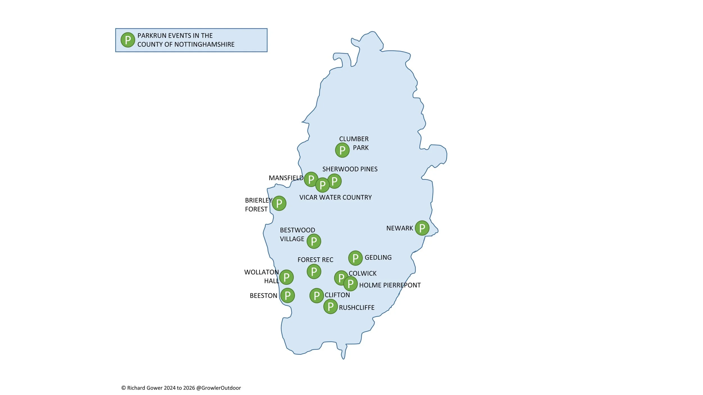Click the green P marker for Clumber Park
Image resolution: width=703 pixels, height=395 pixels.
pyautogui.click(x=342, y=150)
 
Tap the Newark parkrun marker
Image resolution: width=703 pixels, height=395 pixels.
pyautogui.click(x=422, y=228)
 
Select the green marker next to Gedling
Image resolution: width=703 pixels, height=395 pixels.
pyautogui.click(x=355, y=258)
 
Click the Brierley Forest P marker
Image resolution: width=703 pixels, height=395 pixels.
pyautogui.click(x=279, y=203)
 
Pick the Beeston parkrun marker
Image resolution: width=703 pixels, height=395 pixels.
pyautogui.click(x=287, y=295)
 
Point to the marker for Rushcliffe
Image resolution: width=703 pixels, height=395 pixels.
pyautogui.click(x=330, y=307)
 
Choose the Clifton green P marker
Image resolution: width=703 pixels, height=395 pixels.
pyautogui.click(x=317, y=296)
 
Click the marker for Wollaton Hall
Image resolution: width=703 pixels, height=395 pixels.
pyautogui.click(x=287, y=277)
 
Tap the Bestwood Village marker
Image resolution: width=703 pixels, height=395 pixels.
pyautogui.click(x=314, y=241)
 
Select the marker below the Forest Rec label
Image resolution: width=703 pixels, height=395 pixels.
pyautogui.click(x=314, y=271)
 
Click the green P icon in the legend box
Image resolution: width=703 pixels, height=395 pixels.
pyautogui.click(x=128, y=40)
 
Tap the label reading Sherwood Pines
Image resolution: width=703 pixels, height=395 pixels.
pyautogui.click(x=350, y=169)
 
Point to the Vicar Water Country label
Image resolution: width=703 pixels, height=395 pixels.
pyautogui.click(x=335, y=197)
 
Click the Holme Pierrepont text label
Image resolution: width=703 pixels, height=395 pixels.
pyautogui.click(x=390, y=285)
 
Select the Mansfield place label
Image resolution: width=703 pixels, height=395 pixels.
pyautogui.click(x=286, y=178)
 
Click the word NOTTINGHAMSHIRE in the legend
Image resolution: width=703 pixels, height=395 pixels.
pyautogui.click(x=204, y=44)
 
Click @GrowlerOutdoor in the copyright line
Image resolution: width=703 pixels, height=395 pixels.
pyautogui.click(x=218, y=388)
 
